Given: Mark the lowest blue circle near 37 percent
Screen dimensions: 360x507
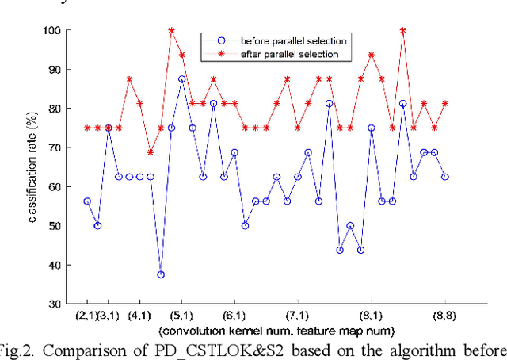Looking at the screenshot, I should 161,274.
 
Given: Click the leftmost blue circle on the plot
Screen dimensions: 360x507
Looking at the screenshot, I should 87,201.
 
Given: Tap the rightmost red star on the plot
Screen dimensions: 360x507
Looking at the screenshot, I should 445,104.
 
